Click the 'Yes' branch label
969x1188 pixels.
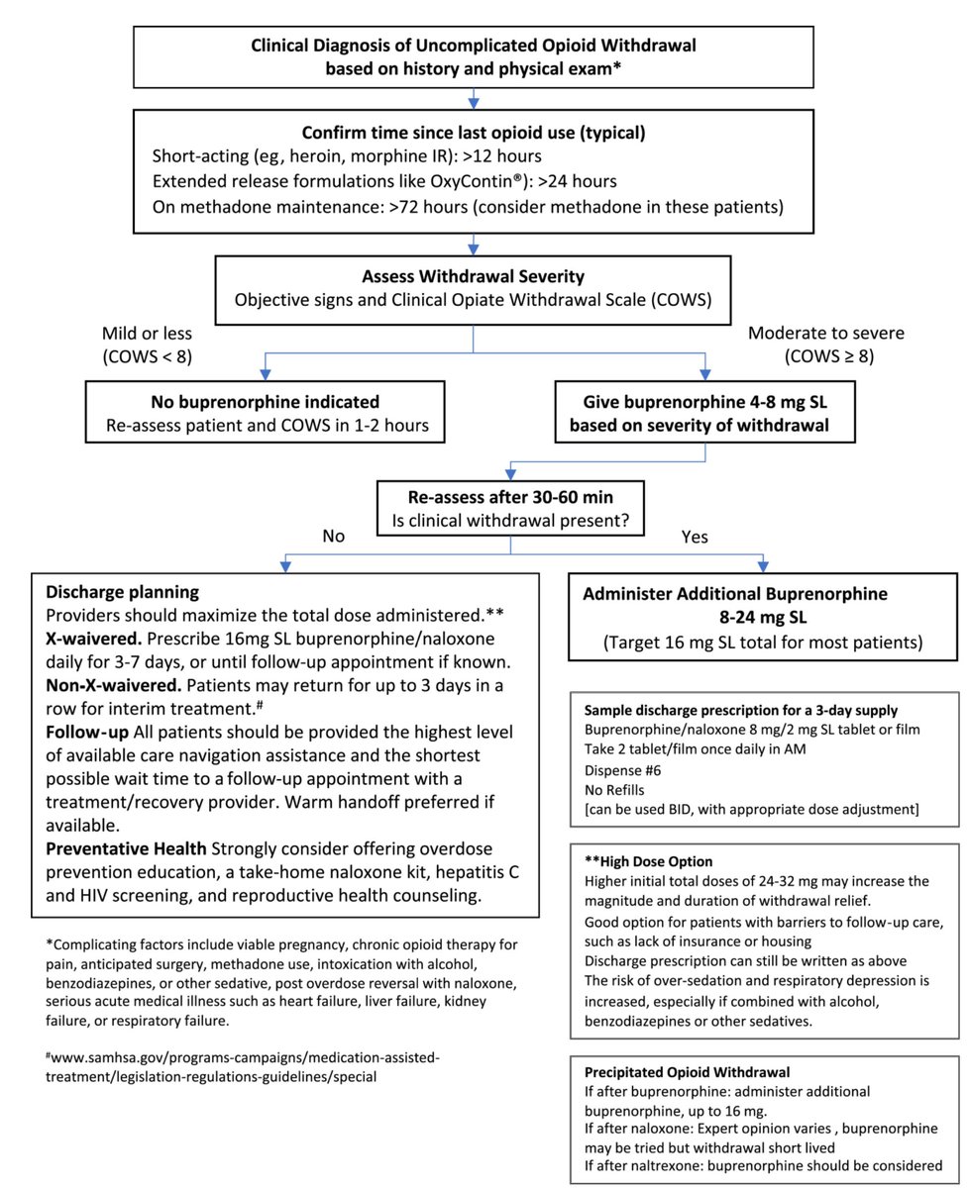point(695,539)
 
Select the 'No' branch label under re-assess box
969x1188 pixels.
point(334,539)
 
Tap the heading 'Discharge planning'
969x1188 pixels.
point(123,592)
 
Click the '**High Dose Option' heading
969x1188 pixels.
point(649,861)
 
